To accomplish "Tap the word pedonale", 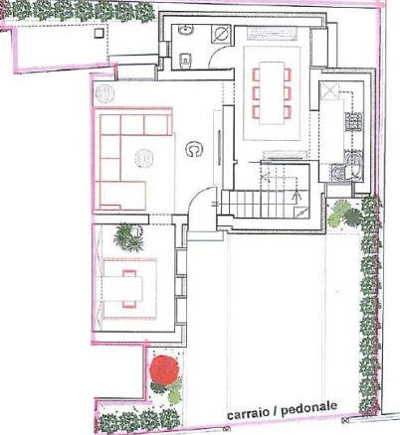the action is [309, 409].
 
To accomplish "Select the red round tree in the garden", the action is [164, 369].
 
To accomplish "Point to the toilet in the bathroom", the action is [184, 61].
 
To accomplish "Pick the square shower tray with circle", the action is [220, 34].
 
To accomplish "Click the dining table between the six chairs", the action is [272, 92].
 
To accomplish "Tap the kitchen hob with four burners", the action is [353, 122].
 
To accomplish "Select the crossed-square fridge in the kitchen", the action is [329, 90].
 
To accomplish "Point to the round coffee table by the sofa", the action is [144, 158].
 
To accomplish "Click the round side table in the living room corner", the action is [104, 94].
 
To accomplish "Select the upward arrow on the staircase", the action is [296, 199].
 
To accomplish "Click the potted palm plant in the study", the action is [128, 237].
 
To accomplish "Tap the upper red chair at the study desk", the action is [129, 273].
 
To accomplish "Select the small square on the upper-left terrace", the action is [99, 33].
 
